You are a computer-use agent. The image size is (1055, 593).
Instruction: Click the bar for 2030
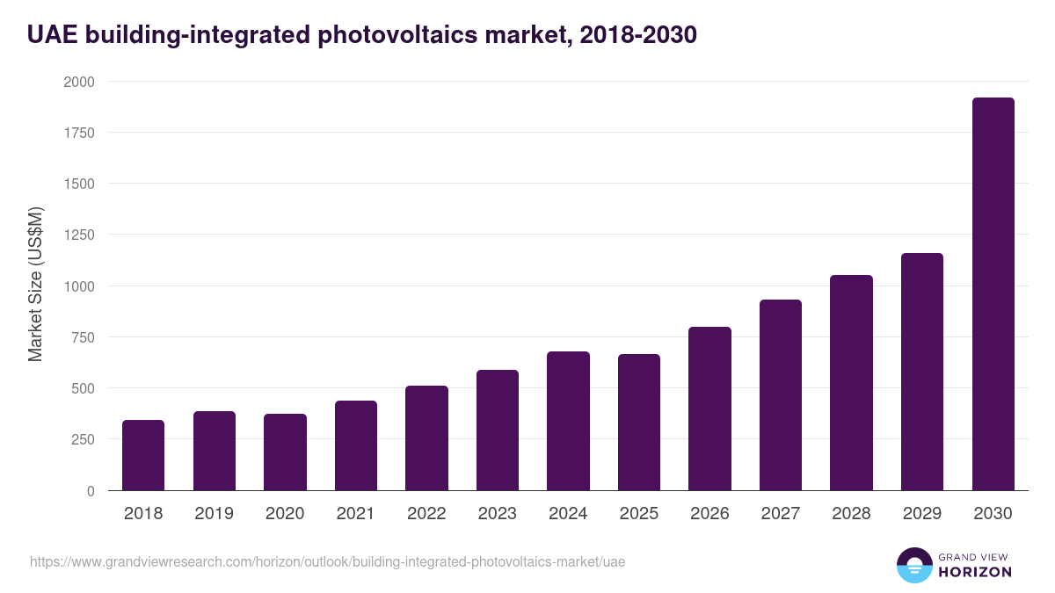(x=993, y=294)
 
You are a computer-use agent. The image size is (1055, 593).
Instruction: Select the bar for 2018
(x=143, y=455)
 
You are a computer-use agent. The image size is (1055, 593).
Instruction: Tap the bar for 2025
(x=638, y=422)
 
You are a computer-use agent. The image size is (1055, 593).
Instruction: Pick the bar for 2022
(x=426, y=438)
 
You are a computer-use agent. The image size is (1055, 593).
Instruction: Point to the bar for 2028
(x=851, y=382)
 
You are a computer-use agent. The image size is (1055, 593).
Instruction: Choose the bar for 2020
(x=285, y=452)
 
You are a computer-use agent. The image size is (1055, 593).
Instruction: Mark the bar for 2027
(x=781, y=394)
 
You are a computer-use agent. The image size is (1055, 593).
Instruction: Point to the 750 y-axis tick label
(x=83, y=337)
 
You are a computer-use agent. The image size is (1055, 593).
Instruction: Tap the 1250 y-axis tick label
(x=78, y=235)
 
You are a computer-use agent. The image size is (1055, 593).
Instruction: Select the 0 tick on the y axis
(x=91, y=491)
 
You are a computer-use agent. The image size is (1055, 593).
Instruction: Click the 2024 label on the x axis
(x=568, y=514)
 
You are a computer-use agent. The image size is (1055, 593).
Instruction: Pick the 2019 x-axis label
(x=214, y=514)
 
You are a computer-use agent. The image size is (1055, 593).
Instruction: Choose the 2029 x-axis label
(x=922, y=514)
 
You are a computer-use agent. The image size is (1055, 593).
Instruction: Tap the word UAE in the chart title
(x=50, y=34)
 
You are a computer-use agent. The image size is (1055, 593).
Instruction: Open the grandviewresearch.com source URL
(x=327, y=561)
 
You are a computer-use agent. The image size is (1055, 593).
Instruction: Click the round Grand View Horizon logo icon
(x=913, y=565)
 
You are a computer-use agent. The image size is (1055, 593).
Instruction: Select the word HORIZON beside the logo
(x=974, y=572)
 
